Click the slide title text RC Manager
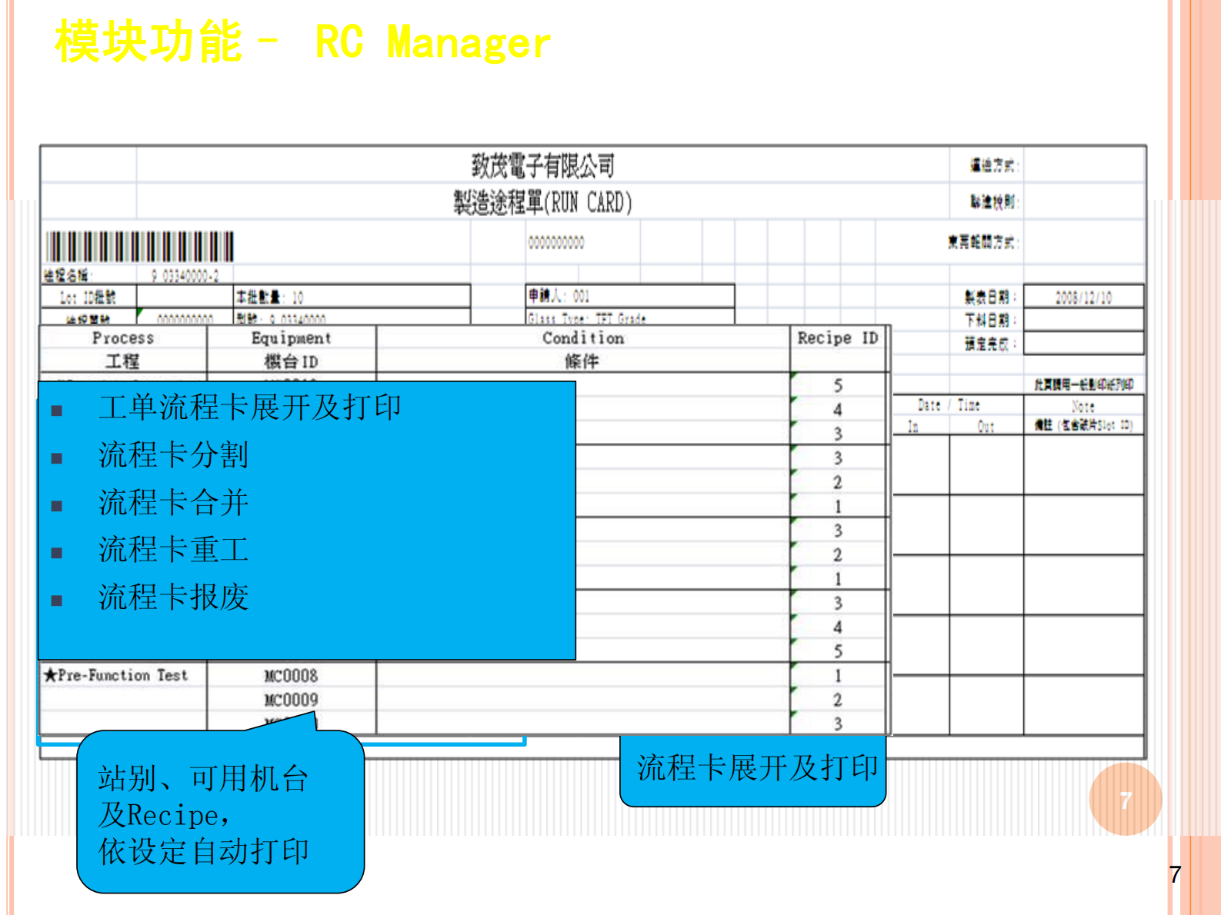coord(432,42)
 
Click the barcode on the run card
coord(139,247)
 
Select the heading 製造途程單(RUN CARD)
coord(542,203)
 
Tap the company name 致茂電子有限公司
coord(542,165)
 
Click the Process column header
coord(122,338)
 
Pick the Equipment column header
coord(291,338)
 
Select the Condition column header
coord(582,338)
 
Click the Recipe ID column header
coord(837,338)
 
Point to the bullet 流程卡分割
coord(174,455)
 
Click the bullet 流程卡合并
coord(174,503)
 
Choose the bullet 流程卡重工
coord(174,550)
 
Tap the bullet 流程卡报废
coord(174,597)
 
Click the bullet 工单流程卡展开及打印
coord(250,408)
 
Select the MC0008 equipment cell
coord(291,676)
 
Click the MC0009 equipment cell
coord(291,700)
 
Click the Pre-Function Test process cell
coord(116,675)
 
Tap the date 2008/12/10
coord(1083,298)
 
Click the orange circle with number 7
coord(1125,800)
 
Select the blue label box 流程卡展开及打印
coord(752,769)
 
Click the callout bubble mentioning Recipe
coord(219,815)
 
